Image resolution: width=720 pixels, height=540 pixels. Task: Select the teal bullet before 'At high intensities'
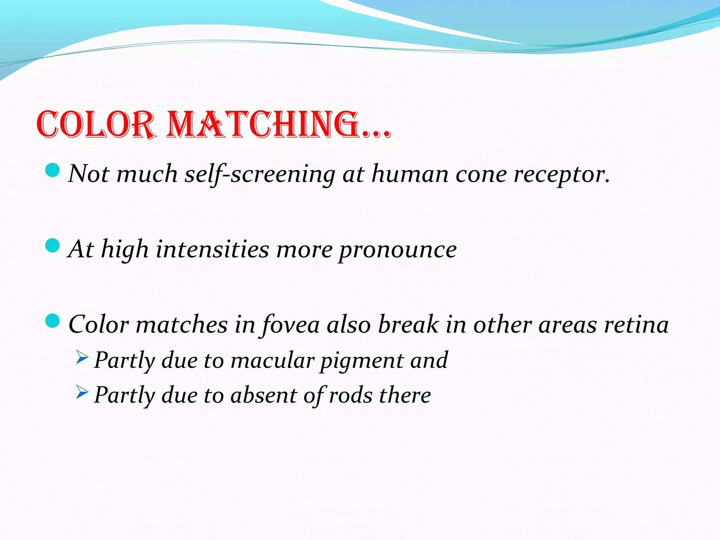point(53,245)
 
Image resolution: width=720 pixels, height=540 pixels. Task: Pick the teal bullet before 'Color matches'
point(53,321)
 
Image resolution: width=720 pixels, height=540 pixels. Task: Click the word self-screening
point(260,174)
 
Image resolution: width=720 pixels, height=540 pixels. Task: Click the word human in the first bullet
point(410,174)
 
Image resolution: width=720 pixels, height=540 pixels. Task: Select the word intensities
point(212,250)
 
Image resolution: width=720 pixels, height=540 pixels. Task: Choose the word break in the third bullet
point(408,324)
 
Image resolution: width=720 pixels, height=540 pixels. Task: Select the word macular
point(272,360)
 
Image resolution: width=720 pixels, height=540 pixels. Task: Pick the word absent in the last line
point(264,395)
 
